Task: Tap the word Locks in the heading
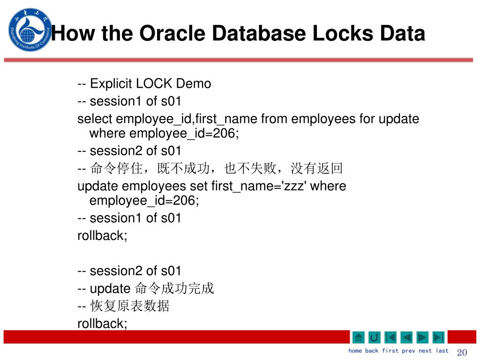(x=342, y=33)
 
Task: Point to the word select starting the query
(x=95, y=119)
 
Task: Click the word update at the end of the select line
(x=399, y=119)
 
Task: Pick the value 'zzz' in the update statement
(x=293, y=186)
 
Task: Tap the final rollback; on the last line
(x=102, y=323)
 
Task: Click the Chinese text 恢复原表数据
(x=130, y=307)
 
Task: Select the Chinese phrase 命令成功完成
(x=174, y=289)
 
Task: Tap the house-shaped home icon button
(x=358, y=337)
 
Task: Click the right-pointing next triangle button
(x=422, y=337)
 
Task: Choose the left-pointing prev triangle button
(x=406, y=337)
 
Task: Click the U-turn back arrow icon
(x=375, y=337)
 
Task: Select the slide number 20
(x=462, y=352)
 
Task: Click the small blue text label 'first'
(x=390, y=351)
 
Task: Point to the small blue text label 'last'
(x=442, y=351)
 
